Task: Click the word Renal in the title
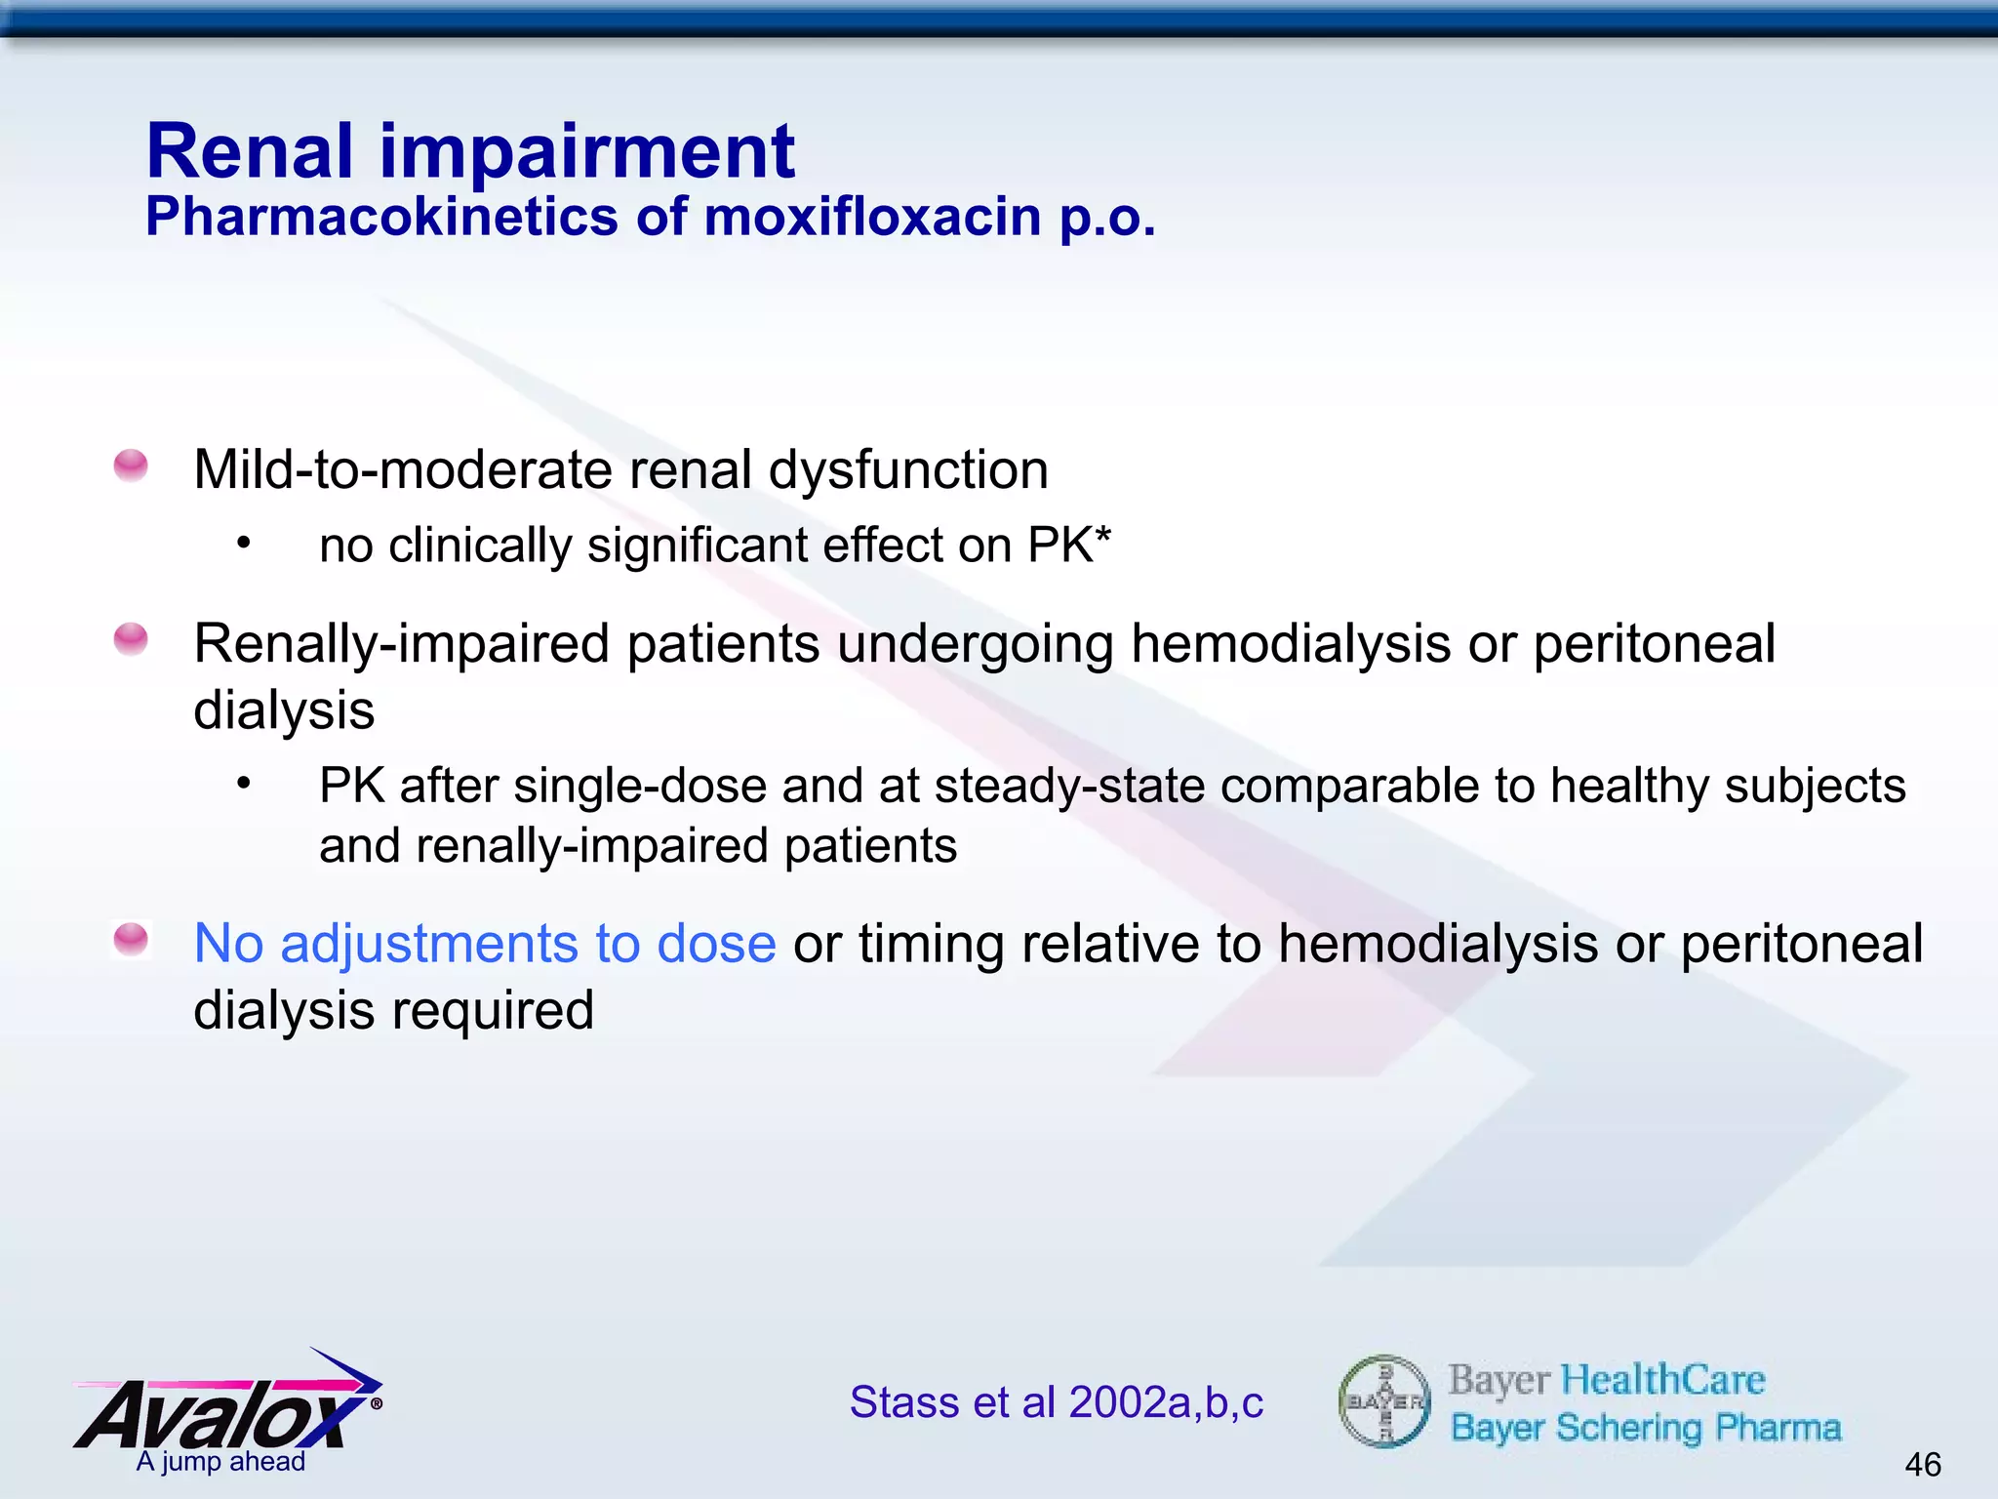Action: pos(250,152)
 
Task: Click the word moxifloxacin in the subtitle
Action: pos(873,217)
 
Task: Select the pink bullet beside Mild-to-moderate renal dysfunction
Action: pos(131,466)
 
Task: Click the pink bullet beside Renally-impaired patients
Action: pos(131,639)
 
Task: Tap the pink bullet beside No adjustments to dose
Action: pos(131,939)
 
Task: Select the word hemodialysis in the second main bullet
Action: pos(1290,644)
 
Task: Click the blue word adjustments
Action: pos(429,944)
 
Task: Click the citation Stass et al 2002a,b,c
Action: pos(1056,1402)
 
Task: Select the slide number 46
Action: pos(1922,1464)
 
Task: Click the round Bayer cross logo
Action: pos(1384,1401)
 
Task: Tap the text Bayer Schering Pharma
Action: pos(1645,1428)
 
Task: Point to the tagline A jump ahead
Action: pos(220,1462)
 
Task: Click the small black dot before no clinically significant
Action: pos(244,543)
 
